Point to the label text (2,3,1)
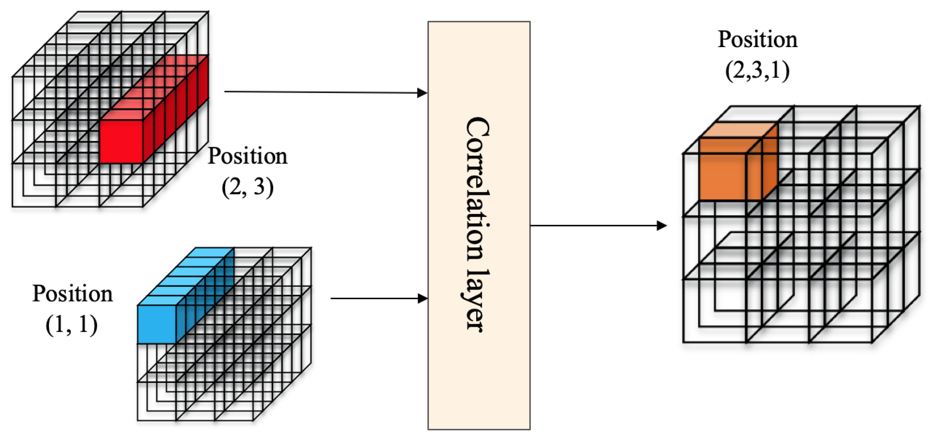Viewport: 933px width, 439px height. pos(757,70)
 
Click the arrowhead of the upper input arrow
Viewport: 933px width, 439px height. pos(422,93)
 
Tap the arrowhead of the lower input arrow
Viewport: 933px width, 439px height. pos(422,299)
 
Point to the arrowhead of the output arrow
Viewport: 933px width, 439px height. pos(661,226)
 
